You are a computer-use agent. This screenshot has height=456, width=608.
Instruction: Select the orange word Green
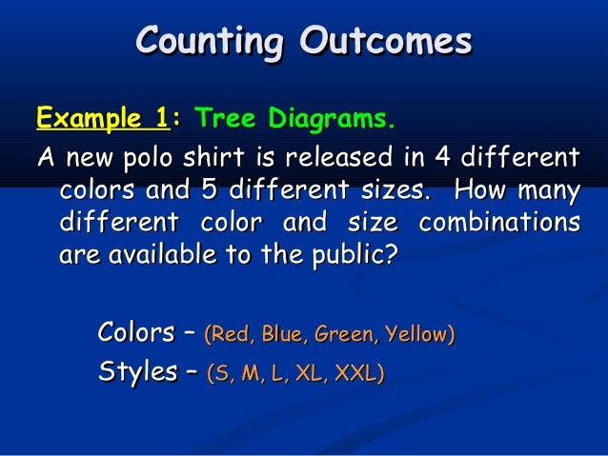pyautogui.click(x=343, y=335)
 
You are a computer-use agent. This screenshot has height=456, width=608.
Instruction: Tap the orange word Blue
pyautogui.click(x=282, y=335)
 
